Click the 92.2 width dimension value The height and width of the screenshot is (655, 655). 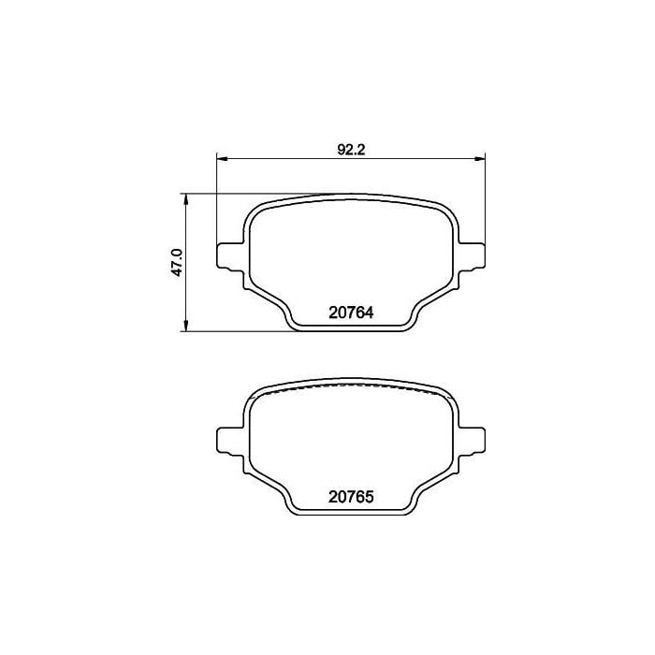351,150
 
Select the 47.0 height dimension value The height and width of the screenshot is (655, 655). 178,262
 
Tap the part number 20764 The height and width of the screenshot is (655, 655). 351,313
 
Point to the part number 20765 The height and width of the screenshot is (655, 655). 351,497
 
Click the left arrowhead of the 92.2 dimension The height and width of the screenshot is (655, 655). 222,158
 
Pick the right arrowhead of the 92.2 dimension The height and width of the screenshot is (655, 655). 480,158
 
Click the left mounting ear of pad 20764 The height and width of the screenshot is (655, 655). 230,256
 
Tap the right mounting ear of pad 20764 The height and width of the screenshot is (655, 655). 472,256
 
